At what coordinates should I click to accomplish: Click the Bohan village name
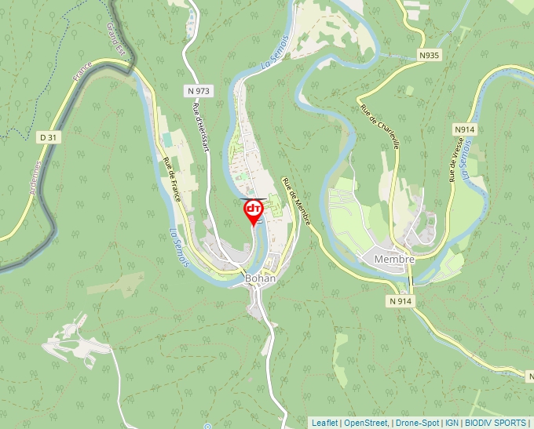coord(261,278)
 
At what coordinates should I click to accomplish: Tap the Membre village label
coord(393,259)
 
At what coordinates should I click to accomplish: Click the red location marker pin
coord(254,210)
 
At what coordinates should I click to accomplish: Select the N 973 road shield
coord(199,91)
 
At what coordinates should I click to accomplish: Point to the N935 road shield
coord(429,56)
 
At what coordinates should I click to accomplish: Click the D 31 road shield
coord(49,137)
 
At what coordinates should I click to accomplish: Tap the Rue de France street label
coord(172,179)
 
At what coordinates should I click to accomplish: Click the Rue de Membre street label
coord(297,201)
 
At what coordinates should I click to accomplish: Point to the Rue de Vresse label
coord(454,159)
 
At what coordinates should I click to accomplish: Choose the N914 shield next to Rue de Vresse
coord(464,129)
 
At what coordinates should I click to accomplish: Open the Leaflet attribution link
coord(324,423)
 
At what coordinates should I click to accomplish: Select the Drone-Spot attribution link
coord(417,423)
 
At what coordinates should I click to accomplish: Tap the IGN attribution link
coord(452,423)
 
